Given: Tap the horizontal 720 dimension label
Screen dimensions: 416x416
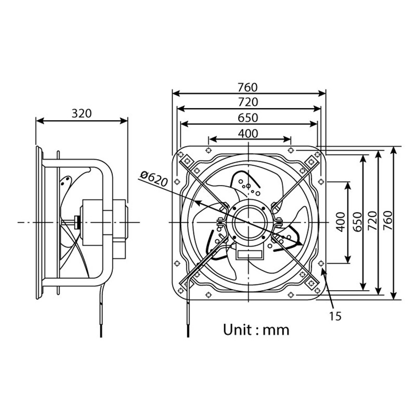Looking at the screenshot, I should [249, 102].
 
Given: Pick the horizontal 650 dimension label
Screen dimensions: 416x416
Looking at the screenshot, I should [249, 118].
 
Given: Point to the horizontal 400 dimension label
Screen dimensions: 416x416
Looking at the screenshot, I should [249, 133].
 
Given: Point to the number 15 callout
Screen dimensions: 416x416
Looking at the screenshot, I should [335, 316].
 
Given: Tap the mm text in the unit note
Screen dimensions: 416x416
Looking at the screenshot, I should [276, 330].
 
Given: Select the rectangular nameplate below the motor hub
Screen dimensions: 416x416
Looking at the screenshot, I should [250, 254].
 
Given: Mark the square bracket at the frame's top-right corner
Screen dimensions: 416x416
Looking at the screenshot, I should [312, 162].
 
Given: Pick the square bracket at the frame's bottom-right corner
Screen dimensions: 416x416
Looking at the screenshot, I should [312, 282].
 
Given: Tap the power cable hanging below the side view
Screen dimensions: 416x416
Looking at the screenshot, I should [99, 317].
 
